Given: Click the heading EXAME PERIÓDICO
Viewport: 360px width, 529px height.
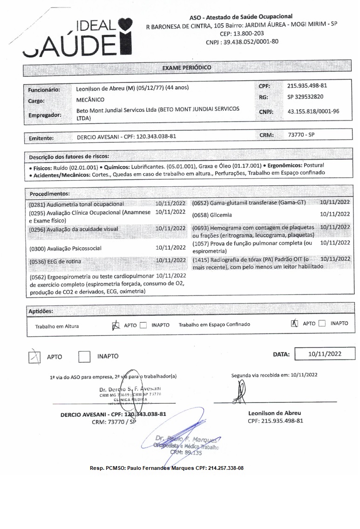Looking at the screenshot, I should click(x=186, y=68).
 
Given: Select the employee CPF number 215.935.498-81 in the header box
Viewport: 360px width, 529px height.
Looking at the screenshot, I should click(x=307, y=86).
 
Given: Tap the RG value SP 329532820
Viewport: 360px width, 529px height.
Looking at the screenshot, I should click(x=306, y=97).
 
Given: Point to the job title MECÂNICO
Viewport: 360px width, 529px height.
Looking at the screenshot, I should click(x=90, y=100).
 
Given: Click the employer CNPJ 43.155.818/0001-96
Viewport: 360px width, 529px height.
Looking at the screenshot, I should click(x=313, y=112).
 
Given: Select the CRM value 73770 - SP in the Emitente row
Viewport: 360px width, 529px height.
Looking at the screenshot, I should click(x=301, y=135).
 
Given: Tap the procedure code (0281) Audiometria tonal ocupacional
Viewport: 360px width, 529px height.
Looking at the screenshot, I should click(x=76, y=204).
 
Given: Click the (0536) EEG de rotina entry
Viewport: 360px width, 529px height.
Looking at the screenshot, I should click(x=55, y=262).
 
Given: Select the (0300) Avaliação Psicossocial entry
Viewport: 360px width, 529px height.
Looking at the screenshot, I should click(x=65, y=248).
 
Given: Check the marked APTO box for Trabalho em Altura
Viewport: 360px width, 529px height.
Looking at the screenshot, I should click(x=116, y=325).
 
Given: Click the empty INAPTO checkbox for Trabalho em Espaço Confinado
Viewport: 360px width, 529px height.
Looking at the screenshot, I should click(x=322, y=324).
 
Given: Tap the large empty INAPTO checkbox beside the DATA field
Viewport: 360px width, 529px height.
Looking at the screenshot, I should click(x=84, y=357).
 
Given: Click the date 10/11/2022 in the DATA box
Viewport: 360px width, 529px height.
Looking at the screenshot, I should click(x=325, y=354).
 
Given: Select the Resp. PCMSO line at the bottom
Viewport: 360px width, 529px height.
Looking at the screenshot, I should click(x=167, y=468).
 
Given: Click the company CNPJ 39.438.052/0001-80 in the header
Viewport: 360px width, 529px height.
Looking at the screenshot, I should click(x=242, y=41).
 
